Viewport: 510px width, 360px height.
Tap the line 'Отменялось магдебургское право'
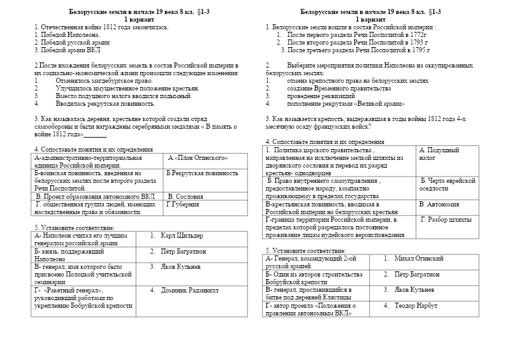[x=104, y=81]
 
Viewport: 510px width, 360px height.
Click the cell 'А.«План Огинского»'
[x=198, y=157]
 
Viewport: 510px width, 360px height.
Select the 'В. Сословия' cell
[x=186, y=197]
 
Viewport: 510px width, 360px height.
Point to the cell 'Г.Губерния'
[x=182, y=205]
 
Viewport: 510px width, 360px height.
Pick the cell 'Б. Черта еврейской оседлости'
[x=446, y=185]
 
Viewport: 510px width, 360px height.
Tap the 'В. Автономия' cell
[x=439, y=205]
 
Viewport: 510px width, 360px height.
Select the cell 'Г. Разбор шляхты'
[x=446, y=219]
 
